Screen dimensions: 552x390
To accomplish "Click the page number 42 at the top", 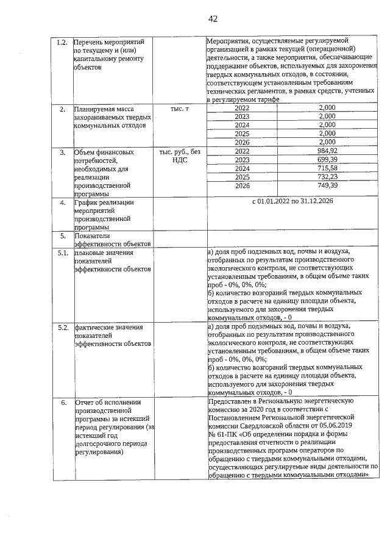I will click(x=213, y=19).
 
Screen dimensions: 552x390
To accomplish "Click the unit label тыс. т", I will click(x=179, y=109).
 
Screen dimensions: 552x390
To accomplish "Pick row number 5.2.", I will click(x=61, y=329).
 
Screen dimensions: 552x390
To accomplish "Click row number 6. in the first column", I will click(x=63, y=403).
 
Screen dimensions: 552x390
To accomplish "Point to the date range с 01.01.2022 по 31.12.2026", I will click(x=292, y=202).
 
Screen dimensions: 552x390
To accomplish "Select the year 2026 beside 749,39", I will click(x=243, y=185).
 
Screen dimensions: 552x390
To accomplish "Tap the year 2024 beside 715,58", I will click(x=243, y=168).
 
